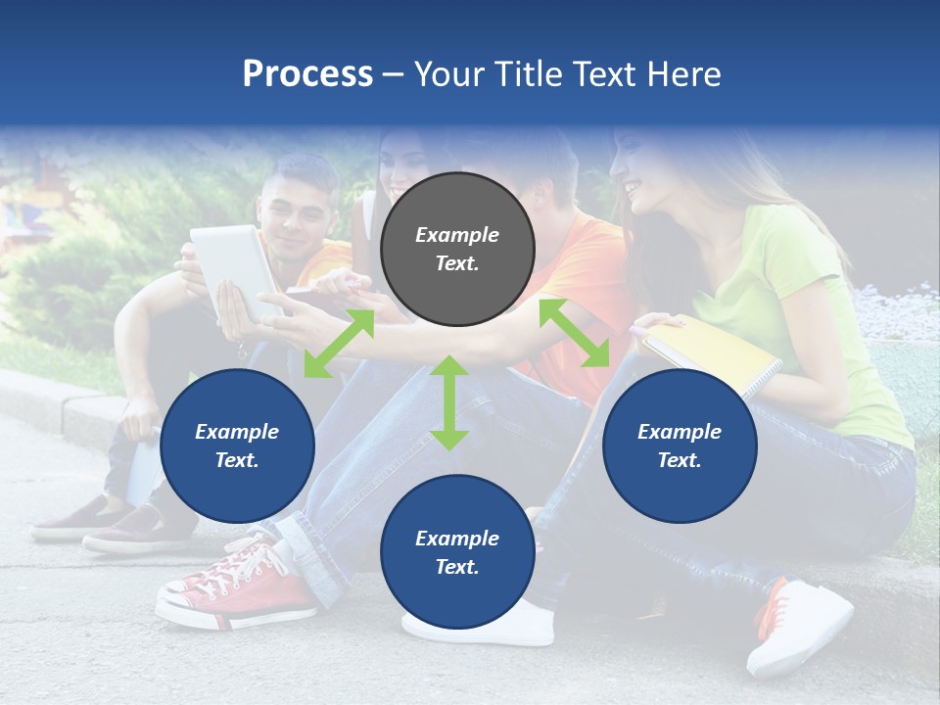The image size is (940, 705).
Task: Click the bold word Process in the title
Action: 307,73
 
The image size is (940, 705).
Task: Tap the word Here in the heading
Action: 681,73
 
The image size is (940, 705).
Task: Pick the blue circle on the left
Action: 237,446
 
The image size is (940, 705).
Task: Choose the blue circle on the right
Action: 680,446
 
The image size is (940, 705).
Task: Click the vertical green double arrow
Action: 449,402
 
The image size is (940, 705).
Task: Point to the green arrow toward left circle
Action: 339,343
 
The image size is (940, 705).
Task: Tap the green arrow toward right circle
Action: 575,333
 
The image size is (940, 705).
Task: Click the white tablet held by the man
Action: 236,270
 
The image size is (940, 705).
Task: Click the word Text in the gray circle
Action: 456,263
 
